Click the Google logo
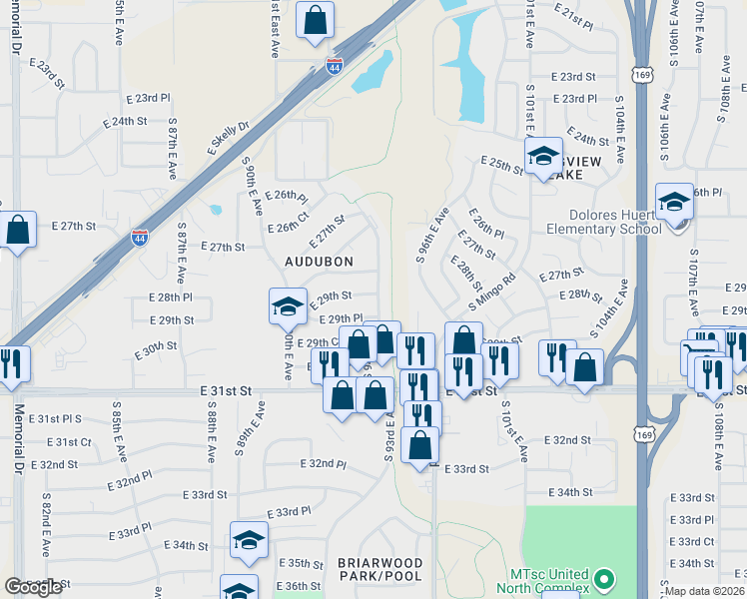click(32, 587)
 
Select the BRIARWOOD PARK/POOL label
click(379, 570)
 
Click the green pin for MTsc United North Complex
click(602, 578)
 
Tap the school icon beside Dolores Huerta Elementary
click(674, 203)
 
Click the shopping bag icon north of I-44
click(315, 20)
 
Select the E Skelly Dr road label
click(228, 139)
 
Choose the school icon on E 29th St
click(288, 305)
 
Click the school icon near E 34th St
click(249, 540)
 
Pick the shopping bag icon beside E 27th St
click(18, 231)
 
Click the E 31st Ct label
click(74, 441)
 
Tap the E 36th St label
click(300, 586)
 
